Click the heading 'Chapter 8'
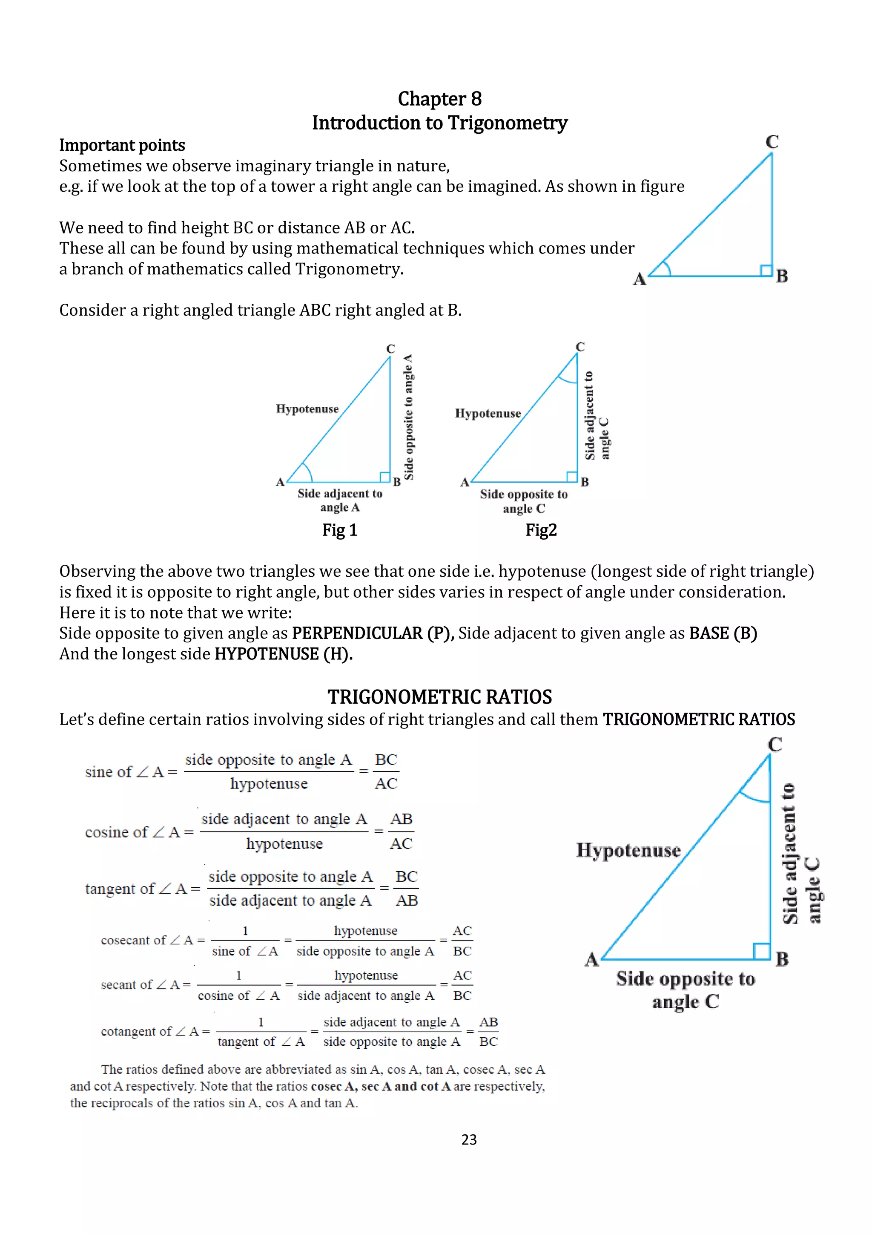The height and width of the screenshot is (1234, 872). click(x=439, y=99)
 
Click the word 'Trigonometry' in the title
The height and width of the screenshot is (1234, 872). click(x=507, y=123)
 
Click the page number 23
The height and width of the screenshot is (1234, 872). click(x=468, y=1139)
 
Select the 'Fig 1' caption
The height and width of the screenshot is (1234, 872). click(x=339, y=530)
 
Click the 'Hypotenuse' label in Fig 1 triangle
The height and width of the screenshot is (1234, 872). click(x=307, y=408)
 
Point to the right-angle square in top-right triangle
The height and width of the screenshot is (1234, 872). click(x=766, y=270)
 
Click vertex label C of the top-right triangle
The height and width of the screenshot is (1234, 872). click(x=772, y=142)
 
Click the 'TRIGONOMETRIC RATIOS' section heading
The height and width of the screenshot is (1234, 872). click(x=439, y=697)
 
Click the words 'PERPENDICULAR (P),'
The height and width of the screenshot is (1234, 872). click(x=373, y=633)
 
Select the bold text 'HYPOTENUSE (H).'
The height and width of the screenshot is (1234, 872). click(x=284, y=654)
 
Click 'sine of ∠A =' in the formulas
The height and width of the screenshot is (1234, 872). click(x=131, y=772)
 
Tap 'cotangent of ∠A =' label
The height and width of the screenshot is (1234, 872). click(x=155, y=1031)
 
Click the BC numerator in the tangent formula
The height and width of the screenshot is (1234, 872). click(x=406, y=877)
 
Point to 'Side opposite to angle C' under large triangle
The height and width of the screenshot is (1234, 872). click(x=686, y=990)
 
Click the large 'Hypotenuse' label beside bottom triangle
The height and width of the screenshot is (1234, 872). click(x=628, y=850)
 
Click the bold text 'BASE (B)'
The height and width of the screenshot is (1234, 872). click(x=723, y=633)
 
